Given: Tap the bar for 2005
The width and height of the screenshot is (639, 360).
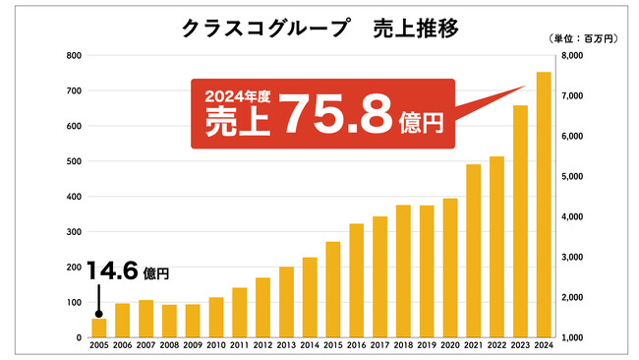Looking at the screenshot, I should tap(99, 328).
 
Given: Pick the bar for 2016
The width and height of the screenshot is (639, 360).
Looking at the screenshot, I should tap(356, 280).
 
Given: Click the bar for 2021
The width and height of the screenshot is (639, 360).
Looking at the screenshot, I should tap(473, 251).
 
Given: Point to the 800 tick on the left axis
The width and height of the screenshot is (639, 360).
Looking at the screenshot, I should tap(73, 56).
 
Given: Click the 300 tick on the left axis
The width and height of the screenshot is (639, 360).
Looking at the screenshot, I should tap(73, 232).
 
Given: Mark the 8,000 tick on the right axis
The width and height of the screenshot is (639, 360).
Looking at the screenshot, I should tap(572, 56).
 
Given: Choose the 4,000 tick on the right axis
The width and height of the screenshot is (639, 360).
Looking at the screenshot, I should tap(572, 217).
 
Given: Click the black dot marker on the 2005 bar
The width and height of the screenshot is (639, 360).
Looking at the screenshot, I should tap(99, 314).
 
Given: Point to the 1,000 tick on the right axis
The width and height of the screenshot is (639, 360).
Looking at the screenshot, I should tap(572, 337).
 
